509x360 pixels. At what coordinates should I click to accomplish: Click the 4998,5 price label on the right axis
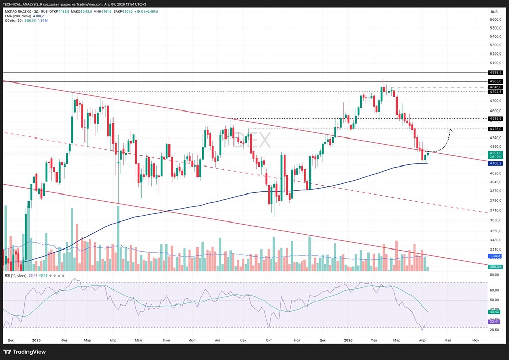pyautogui.click(x=495, y=73)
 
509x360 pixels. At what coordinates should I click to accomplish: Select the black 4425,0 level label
pyautogui.click(x=495, y=129)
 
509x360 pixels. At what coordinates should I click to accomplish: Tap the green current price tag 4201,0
pyautogui.click(x=495, y=153)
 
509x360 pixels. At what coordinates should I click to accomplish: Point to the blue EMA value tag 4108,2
pyautogui.click(x=495, y=163)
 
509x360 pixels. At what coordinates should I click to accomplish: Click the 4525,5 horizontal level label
pyautogui.click(x=495, y=118)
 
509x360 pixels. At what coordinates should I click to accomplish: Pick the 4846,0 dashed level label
pyautogui.click(x=495, y=87)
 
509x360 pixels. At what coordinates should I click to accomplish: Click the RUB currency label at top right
pyautogui.click(x=494, y=12)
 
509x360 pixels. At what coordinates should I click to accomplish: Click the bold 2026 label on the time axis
pyautogui.click(x=348, y=339)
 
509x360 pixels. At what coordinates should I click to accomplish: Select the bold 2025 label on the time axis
pyautogui.click(x=36, y=339)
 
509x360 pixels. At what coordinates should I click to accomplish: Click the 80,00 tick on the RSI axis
pyautogui.click(x=494, y=275)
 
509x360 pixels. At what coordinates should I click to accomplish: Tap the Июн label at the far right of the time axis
pyautogui.click(x=476, y=339)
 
